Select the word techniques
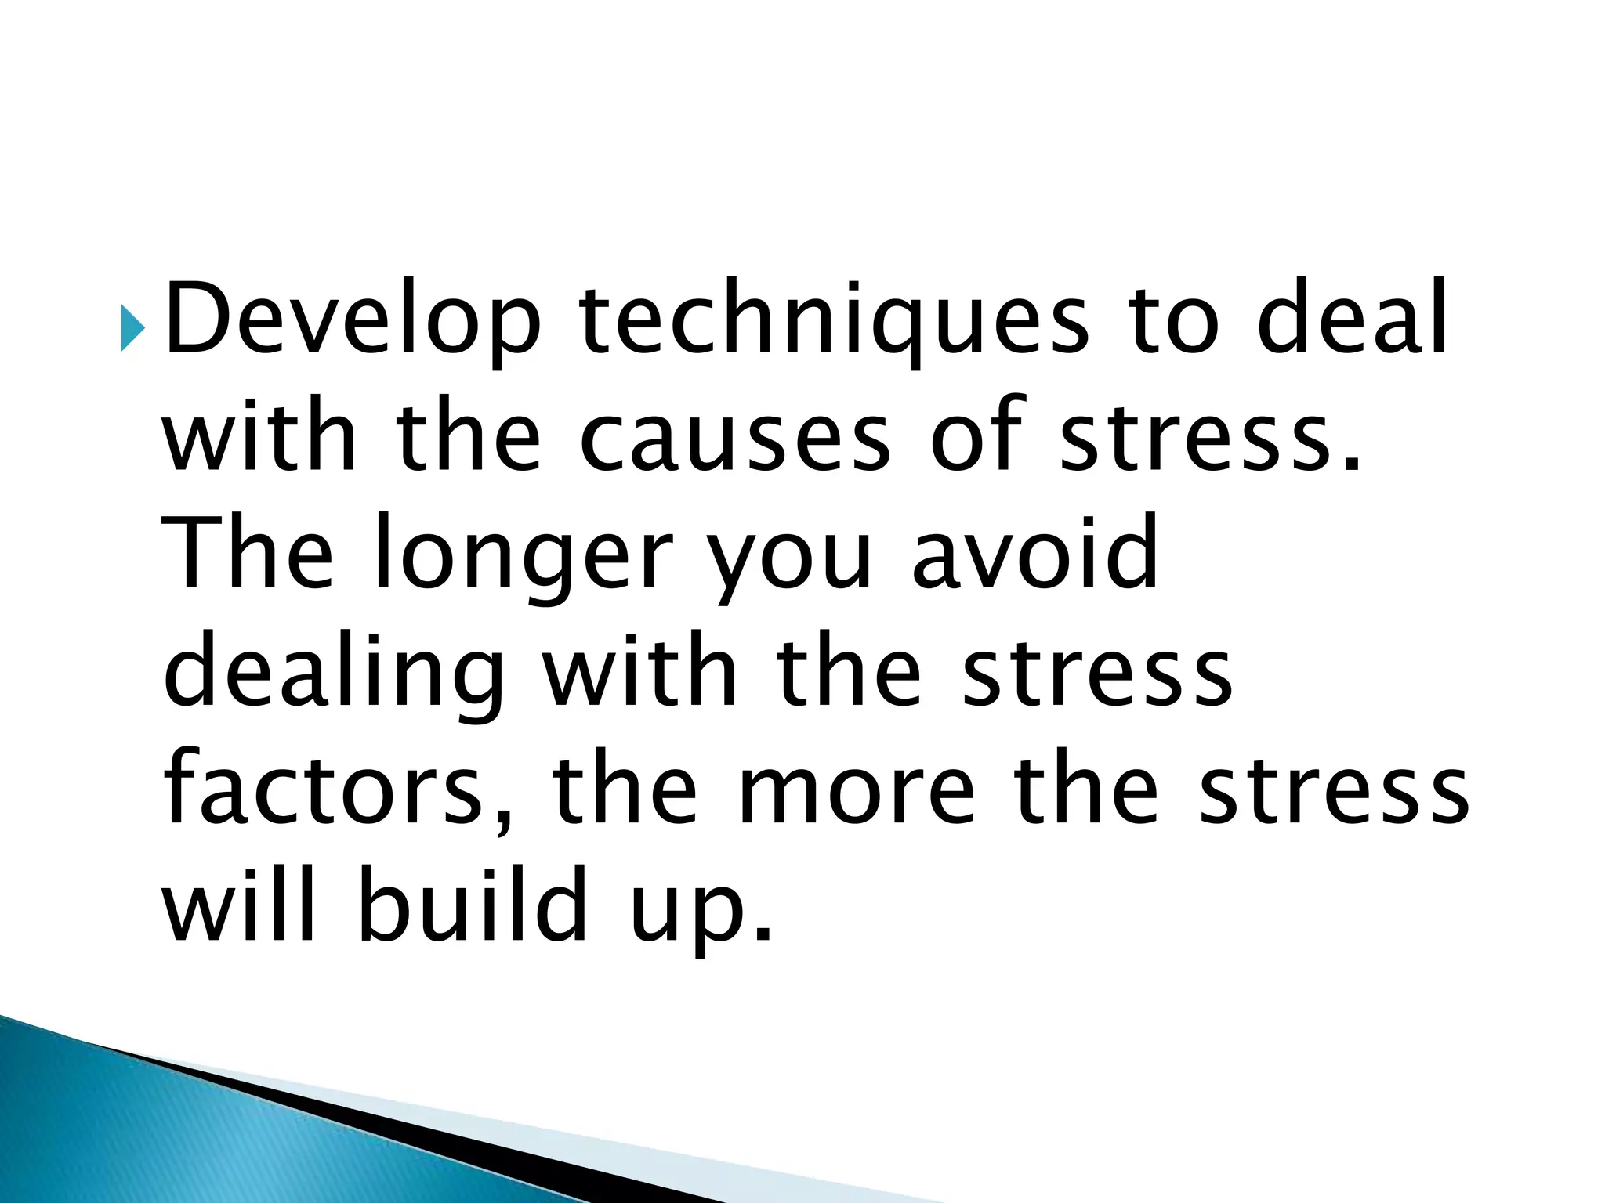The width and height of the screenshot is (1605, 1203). pyautogui.click(x=834, y=322)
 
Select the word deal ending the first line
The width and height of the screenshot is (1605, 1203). pyautogui.click(x=1352, y=318)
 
